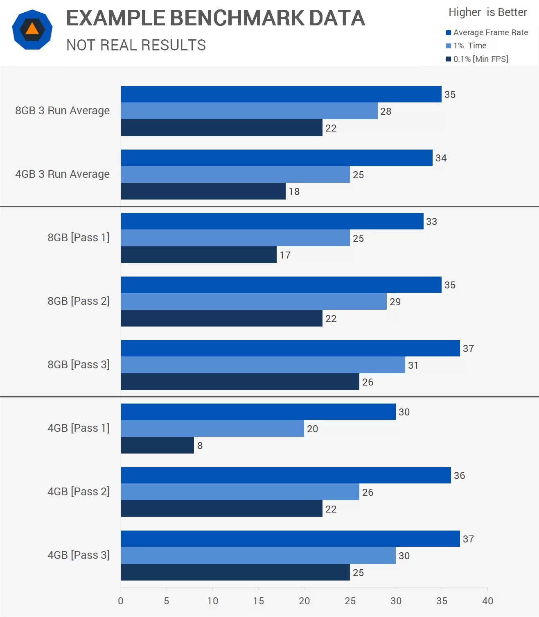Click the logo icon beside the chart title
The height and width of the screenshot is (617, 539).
click(x=32, y=29)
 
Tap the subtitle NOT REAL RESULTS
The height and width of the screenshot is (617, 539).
click(x=136, y=45)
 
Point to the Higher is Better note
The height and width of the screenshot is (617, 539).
click(x=487, y=12)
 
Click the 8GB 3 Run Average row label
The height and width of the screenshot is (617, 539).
click(x=62, y=111)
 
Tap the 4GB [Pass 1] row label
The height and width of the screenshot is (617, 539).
click(x=78, y=428)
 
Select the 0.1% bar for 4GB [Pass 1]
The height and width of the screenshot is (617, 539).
click(x=158, y=445)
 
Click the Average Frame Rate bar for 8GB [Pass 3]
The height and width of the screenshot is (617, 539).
click(x=290, y=348)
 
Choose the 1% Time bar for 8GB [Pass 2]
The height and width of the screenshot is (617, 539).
click(x=254, y=302)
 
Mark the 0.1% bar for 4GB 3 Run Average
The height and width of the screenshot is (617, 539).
click(x=203, y=191)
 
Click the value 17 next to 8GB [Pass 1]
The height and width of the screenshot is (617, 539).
click(x=285, y=255)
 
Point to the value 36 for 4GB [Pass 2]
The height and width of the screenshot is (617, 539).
click(x=459, y=476)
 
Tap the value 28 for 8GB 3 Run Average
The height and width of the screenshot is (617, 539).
click(x=386, y=111)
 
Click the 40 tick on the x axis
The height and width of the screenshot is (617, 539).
click(x=487, y=601)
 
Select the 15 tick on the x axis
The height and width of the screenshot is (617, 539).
click(x=258, y=601)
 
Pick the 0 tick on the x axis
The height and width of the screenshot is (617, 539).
click(x=121, y=601)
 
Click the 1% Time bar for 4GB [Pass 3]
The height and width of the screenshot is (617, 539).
click(x=258, y=556)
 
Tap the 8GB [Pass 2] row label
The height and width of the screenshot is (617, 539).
click(x=78, y=301)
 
